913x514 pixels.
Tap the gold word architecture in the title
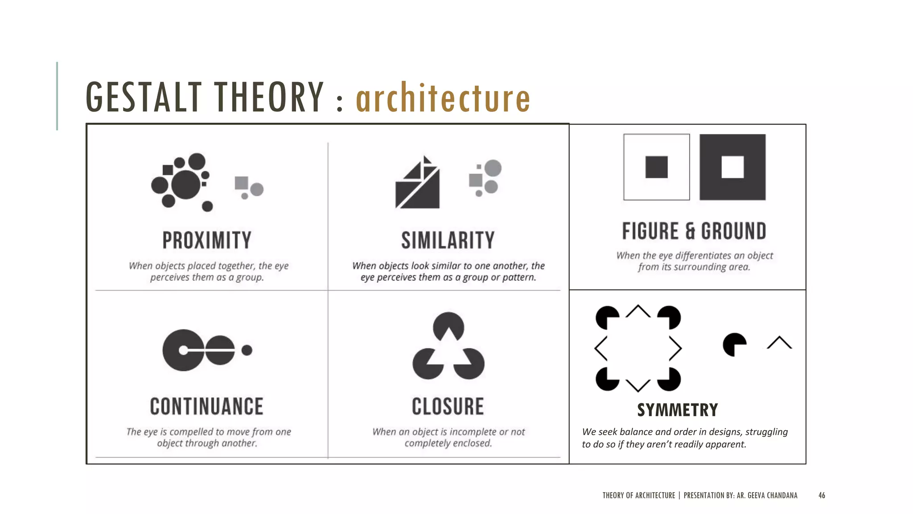pyautogui.click(x=443, y=98)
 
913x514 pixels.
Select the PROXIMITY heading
pyautogui.click(x=207, y=240)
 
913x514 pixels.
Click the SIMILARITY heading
pyautogui.click(x=448, y=240)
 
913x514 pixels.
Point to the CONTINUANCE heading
pyautogui.click(x=207, y=406)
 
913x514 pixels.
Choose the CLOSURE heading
pyautogui.click(x=448, y=406)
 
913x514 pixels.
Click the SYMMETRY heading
pyautogui.click(x=678, y=410)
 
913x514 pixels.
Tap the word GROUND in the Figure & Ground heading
pyautogui.click(x=734, y=231)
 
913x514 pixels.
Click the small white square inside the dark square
pyautogui.click(x=732, y=167)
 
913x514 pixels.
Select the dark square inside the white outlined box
pyautogui.click(x=657, y=167)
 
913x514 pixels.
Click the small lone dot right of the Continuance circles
pyautogui.click(x=247, y=350)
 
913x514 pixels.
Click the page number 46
pyautogui.click(x=822, y=495)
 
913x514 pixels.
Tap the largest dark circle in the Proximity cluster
pyautogui.click(x=186, y=185)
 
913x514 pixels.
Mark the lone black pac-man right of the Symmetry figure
pyautogui.click(x=734, y=344)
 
